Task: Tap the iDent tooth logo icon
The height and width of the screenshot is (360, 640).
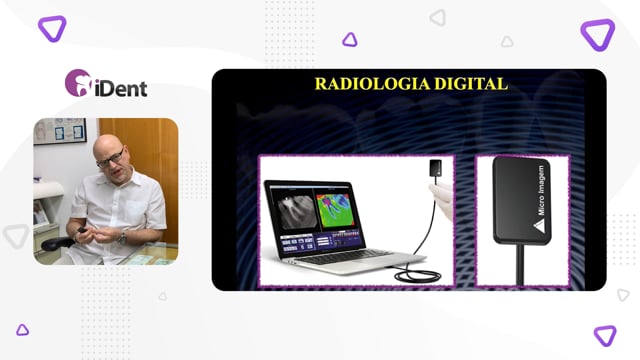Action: click(78, 83)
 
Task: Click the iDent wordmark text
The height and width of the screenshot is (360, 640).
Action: click(121, 89)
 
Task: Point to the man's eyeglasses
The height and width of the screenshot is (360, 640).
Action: click(111, 158)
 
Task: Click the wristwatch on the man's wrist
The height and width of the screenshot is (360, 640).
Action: click(122, 237)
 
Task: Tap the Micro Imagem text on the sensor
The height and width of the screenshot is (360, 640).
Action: click(541, 190)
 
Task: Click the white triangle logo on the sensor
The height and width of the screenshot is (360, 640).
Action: click(539, 226)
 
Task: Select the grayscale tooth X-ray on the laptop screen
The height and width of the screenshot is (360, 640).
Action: click(294, 211)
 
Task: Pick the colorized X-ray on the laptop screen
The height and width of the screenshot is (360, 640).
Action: click(335, 211)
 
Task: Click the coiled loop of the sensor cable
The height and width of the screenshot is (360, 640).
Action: click(418, 276)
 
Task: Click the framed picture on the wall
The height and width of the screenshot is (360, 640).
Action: click(60, 131)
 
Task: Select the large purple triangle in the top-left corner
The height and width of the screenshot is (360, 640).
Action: click(52, 29)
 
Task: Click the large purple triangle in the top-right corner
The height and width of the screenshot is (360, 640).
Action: click(598, 34)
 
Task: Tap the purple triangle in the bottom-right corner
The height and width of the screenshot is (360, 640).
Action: click(605, 336)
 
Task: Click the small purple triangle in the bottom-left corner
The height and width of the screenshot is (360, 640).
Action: click(22, 329)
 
